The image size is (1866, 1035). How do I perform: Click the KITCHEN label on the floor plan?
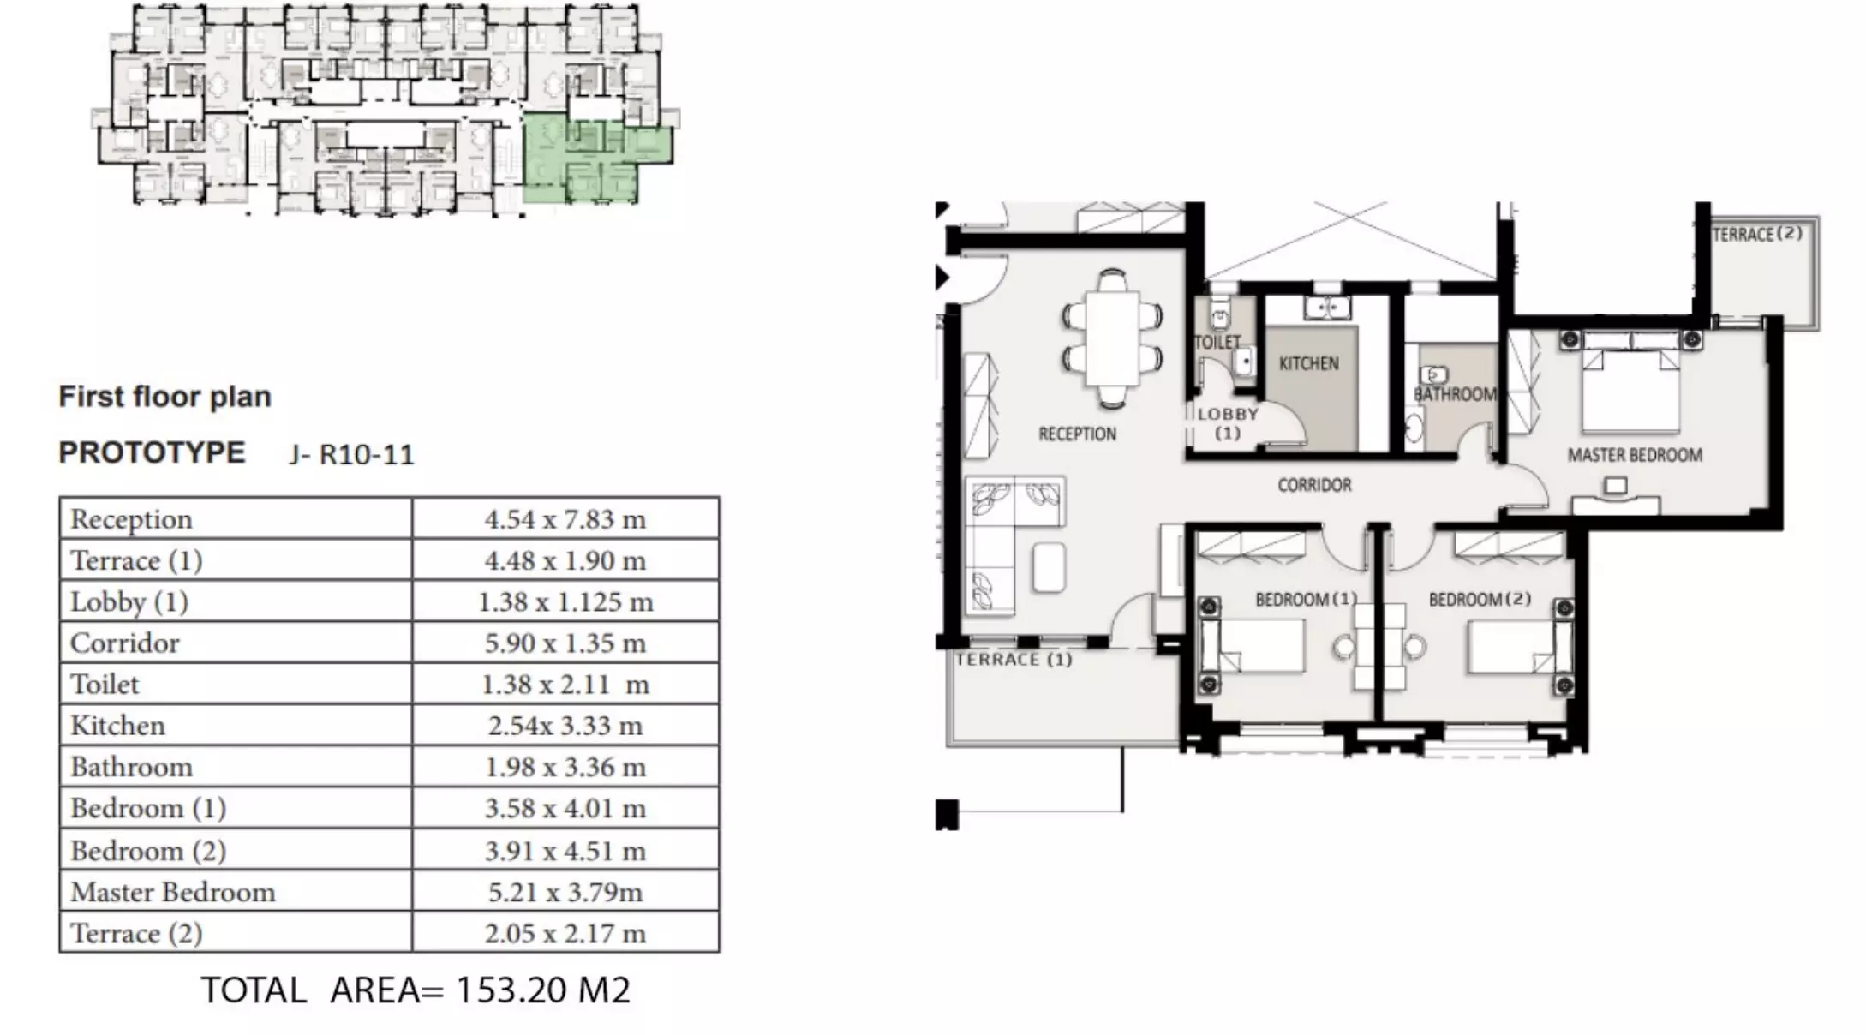[x=1308, y=363]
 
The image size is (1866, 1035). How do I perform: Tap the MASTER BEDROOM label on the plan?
[x=1635, y=455]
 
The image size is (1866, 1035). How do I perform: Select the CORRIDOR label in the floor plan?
[x=1314, y=485]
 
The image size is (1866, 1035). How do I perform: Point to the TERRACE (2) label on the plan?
[x=1756, y=234]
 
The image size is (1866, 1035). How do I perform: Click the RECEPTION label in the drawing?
[x=1077, y=434]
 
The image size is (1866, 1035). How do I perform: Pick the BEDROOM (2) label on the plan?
[x=1480, y=599]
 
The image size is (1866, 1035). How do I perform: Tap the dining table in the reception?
[x=1113, y=338]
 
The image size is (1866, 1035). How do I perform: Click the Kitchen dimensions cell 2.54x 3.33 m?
[x=565, y=726]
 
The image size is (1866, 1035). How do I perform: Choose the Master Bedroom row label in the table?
[x=173, y=892]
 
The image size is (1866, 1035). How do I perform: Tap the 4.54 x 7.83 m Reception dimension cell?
[x=565, y=519]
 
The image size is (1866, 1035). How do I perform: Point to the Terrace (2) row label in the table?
[x=136, y=933]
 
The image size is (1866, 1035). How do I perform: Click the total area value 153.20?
[x=512, y=990]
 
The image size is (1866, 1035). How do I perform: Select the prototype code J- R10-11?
[x=351, y=454]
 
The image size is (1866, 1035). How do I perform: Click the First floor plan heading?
[x=164, y=397]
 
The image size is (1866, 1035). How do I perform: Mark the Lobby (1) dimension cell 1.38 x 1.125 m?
[x=565, y=601]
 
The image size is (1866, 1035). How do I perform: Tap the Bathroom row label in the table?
[x=131, y=767]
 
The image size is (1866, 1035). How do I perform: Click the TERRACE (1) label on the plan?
[x=1014, y=660]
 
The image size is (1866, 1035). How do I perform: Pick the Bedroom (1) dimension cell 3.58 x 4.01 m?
[x=565, y=808]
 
